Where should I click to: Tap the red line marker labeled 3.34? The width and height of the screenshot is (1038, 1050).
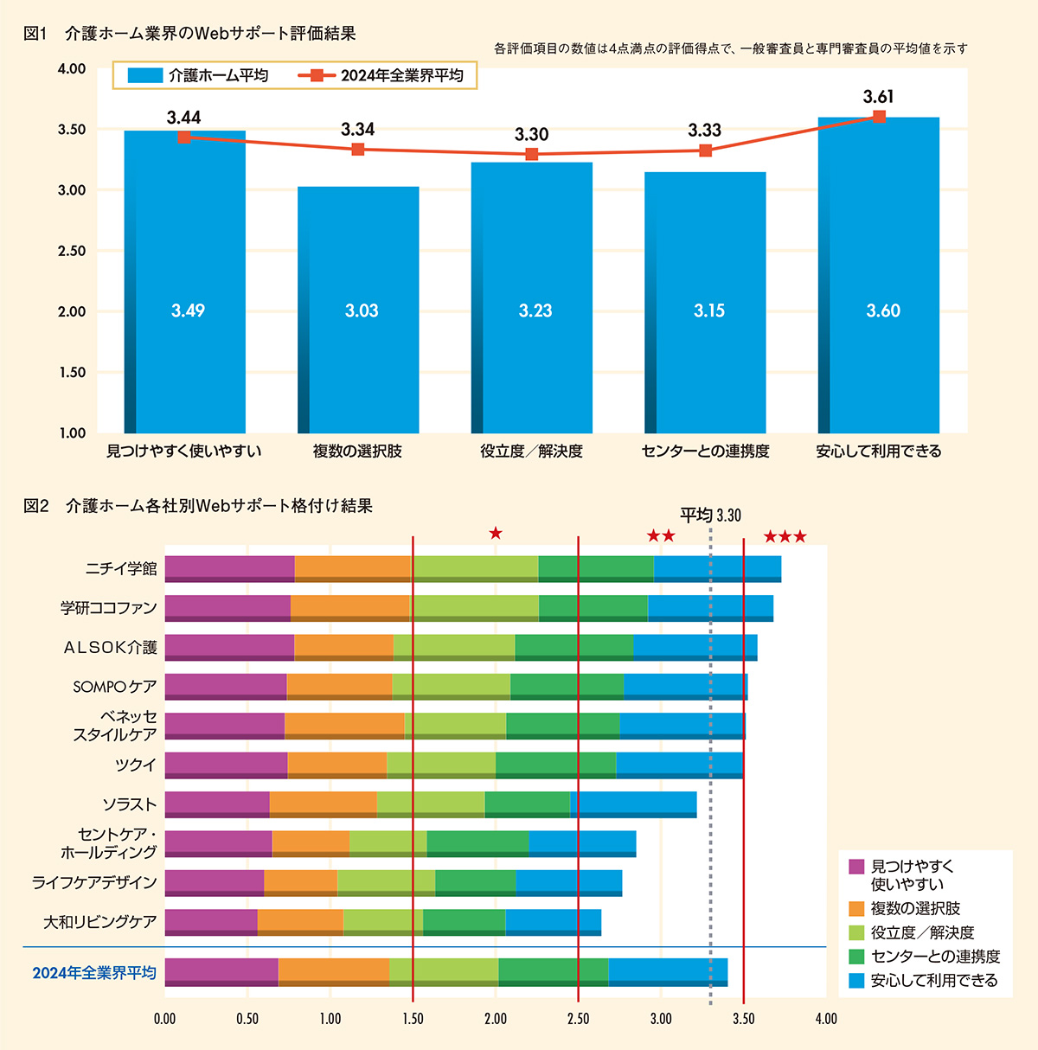click(357, 150)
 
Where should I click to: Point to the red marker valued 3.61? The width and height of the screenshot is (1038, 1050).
click(879, 116)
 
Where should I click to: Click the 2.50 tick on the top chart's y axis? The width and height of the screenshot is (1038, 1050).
click(72, 251)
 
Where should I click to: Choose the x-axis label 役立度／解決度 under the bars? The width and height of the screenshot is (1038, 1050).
click(531, 451)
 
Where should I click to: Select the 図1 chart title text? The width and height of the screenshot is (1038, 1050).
click(189, 34)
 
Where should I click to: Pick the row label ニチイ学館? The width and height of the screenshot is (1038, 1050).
click(121, 569)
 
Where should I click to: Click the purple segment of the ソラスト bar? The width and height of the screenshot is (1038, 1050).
click(216, 804)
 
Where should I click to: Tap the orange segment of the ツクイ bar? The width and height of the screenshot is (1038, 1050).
click(336, 764)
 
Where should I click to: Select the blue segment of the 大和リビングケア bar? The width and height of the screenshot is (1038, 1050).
click(553, 921)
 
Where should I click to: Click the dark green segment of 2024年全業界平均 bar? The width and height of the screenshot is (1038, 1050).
click(553, 971)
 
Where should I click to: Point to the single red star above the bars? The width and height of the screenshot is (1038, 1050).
click(496, 533)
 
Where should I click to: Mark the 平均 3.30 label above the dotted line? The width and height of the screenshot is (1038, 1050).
click(710, 516)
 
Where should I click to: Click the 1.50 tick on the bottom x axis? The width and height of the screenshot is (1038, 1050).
click(413, 1019)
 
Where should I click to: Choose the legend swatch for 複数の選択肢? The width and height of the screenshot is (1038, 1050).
click(857, 909)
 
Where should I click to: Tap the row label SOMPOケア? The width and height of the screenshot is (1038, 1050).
click(114, 687)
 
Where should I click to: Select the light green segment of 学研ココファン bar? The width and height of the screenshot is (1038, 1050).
click(475, 607)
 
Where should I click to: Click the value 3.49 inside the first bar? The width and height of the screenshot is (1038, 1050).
click(188, 311)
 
